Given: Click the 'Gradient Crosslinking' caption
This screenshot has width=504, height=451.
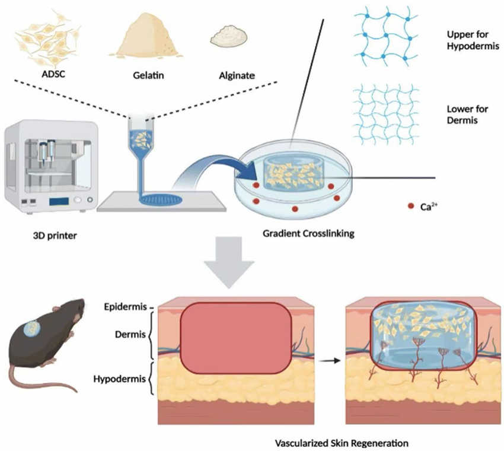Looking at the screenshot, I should click(308, 233).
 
